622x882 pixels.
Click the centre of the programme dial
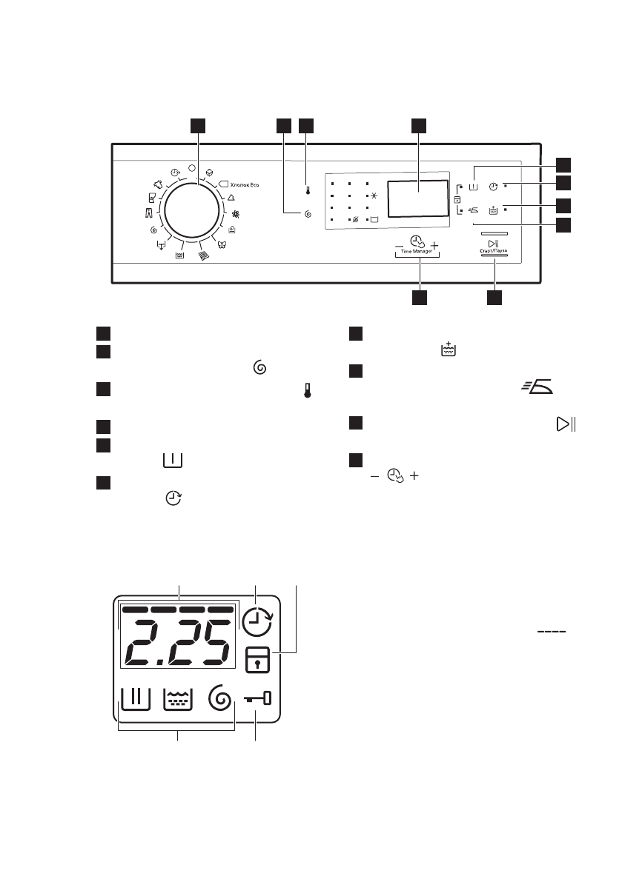point(193,211)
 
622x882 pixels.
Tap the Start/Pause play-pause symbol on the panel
point(492,244)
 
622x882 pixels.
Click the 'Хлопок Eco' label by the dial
point(245,185)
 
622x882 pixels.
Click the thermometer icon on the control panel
point(308,190)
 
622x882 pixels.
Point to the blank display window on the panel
point(417,197)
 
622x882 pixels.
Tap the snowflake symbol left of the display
point(374,196)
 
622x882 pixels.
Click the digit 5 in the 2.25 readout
point(209,643)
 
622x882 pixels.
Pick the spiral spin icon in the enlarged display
point(220,698)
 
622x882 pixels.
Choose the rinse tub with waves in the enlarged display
point(178,698)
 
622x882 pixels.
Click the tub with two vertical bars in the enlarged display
point(135,698)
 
